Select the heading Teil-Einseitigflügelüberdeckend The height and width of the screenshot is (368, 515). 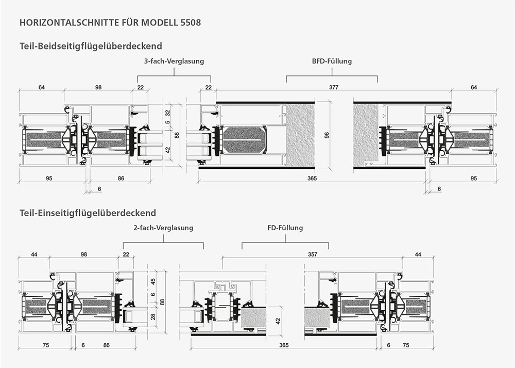pyautogui.click(x=87, y=213)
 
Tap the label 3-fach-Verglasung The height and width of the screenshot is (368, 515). pyautogui.click(x=174, y=61)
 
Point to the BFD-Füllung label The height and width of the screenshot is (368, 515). pyautogui.click(x=332, y=61)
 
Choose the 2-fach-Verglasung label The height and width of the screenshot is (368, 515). pyautogui.click(x=163, y=228)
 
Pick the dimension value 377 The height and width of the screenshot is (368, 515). pyautogui.click(x=334, y=88)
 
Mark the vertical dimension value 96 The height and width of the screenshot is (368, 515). pyautogui.click(x=327, y=135)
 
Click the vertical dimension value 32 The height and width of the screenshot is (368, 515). pyautogui.click(x=167, y=112)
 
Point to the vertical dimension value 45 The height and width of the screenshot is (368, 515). pyautogui.click(x=152, y=281)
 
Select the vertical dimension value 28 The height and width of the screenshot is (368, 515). pyautogui.click(x=152, y=316)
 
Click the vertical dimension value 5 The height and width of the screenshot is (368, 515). pyautogui.click(x=167, y=123)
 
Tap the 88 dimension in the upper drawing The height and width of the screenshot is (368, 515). pyautogui.click(x=177, y=135)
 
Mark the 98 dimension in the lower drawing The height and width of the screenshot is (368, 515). pyautogui.click(x=84, y=254)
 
